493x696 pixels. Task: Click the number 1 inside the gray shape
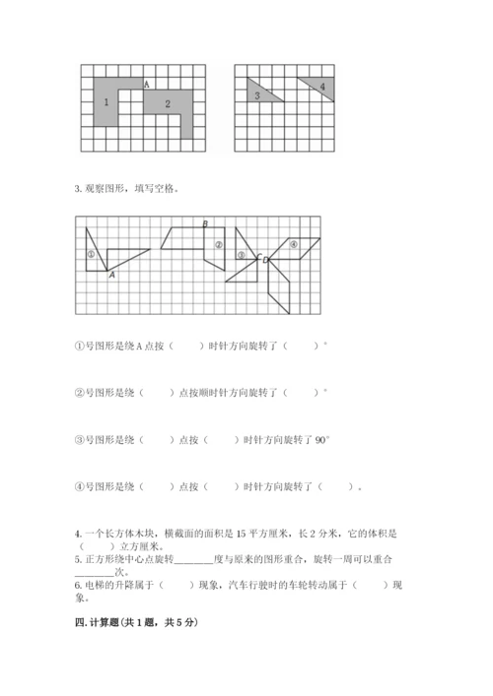106,102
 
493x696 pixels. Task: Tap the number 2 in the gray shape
168,103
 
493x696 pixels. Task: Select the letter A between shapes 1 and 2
147,85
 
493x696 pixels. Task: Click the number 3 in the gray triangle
256,95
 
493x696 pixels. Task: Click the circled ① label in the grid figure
90,254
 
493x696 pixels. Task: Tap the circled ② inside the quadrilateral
218,245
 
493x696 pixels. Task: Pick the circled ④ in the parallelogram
292,243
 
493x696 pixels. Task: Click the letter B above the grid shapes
204,224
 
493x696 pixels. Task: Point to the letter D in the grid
265,260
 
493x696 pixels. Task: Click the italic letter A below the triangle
111,276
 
